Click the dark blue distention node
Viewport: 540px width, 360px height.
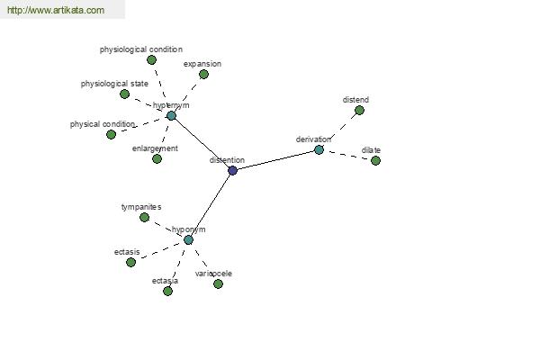pos(232,170)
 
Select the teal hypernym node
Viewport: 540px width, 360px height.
pos(171,115)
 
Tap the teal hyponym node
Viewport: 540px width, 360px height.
pos(188,239)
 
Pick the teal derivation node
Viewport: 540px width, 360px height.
pos(319,150)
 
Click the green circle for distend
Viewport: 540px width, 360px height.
pos(359,110)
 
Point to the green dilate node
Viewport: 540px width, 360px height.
pos(375,160)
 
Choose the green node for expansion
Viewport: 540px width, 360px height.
pos(203,74)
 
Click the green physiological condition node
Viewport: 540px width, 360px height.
pos(151,60)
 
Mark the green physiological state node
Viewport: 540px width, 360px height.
pos(124,94)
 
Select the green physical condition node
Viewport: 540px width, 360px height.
pos(111,134)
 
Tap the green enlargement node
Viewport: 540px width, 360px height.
pos(157,158)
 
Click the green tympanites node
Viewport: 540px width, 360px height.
pos(144,217)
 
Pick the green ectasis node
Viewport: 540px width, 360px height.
pos(130,262)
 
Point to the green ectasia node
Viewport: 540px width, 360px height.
pos(167,291)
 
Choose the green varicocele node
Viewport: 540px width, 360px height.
pos(218,283)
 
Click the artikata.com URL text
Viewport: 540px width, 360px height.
pos(56,10)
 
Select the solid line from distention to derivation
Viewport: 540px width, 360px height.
pos(275,160)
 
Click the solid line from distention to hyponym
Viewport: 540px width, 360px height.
pos(210,205)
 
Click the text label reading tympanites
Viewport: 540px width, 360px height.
pos(141,207)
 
